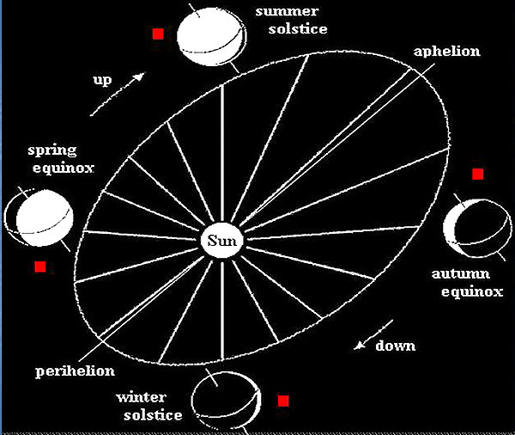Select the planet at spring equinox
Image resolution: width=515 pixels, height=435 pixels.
click(39, 221)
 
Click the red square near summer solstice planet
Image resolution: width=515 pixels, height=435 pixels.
click(158, 34)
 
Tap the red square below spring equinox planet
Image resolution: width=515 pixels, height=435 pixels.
click(39, 267)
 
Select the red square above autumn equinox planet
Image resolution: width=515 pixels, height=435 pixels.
click(478, 175)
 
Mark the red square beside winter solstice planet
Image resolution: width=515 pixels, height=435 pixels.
click(283, 400)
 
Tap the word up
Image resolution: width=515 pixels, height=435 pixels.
click(102, 81)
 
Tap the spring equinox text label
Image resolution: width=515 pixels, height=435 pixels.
click(45, 159)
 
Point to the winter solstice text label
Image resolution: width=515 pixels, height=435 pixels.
click(151, 407)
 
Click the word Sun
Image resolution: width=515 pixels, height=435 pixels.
click(222, 240)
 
